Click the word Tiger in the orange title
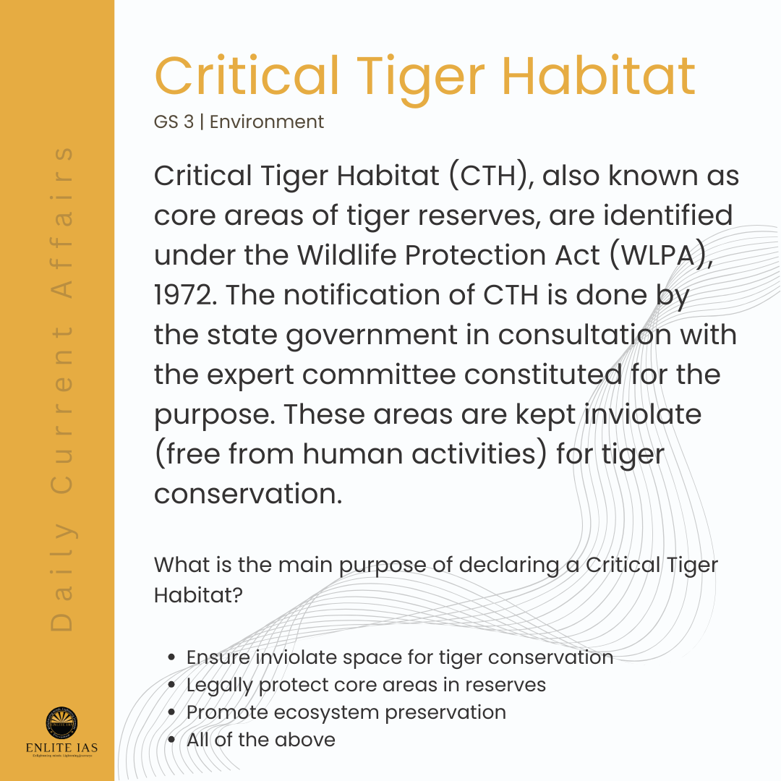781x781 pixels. pyautogui.click(x=421, y=79)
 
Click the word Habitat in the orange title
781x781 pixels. pyautogui.click(x=598, y=75)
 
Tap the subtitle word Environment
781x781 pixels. pyautogui.click(x=266, y=121)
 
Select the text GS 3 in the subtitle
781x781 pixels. pyautogui.click(x=174, y=121)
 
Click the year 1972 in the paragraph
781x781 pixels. pyautogui.click(x=182, y=295)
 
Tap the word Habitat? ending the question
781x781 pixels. pyautogui.click(x=198, y=594)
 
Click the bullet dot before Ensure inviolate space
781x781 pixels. pyautogui.click(x=171, y=657)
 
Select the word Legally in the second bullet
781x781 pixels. pyautogui.click(x=219, y=686)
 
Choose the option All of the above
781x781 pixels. pyautogui.click(x=261, y=740)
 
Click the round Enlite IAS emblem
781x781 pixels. pyautogui.click(x=61, y=722)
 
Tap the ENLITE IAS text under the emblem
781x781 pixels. pyautogui.click(x=61, y=748)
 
